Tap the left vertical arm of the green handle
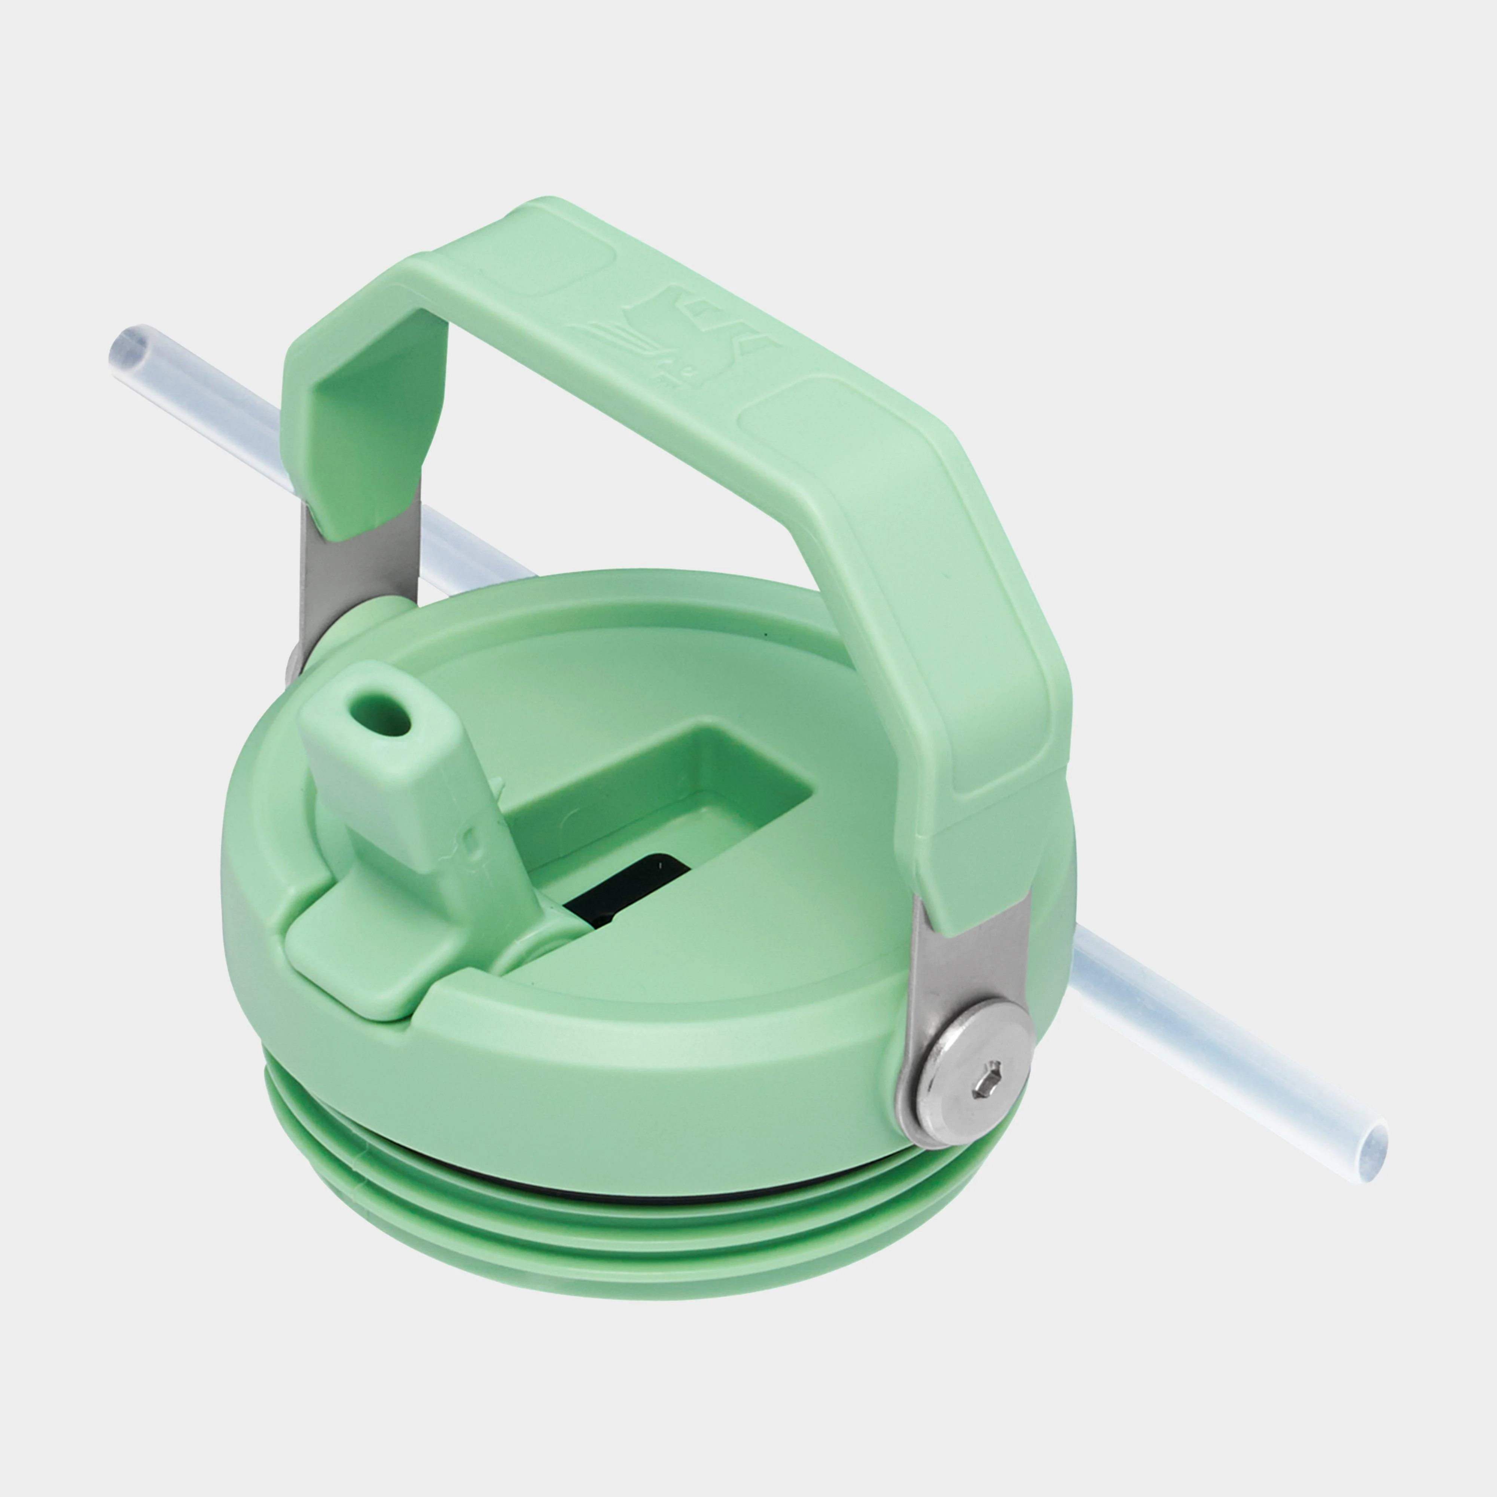click(364, 434)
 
